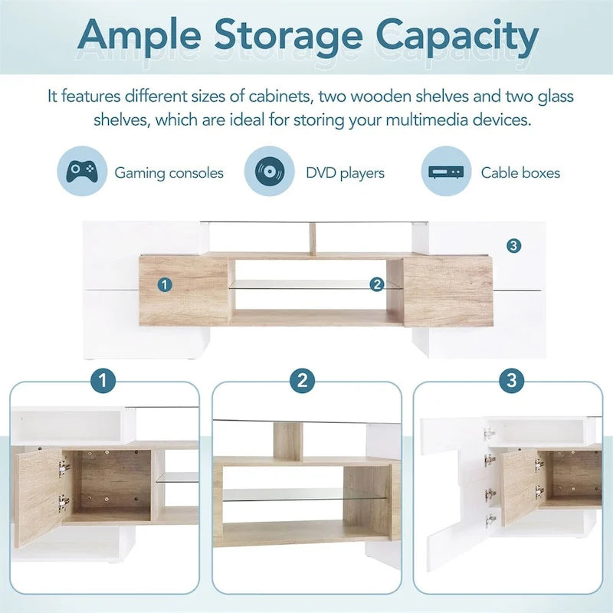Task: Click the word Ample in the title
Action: (139, 36)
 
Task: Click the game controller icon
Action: (82, 171)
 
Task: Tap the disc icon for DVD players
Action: (270, 171)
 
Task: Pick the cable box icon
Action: (446, 172)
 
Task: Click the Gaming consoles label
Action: (169, 173)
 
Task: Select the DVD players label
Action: (346, 173)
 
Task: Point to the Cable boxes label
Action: (520, 172)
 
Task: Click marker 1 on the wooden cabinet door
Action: (165, 284)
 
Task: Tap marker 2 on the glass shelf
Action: (377, 284)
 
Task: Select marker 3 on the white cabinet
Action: (513, 246)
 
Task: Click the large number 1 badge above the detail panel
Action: (103, 380)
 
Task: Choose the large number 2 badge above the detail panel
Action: (303, 380)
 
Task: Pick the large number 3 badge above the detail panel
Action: (512, 380)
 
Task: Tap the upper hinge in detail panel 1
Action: (63, 468)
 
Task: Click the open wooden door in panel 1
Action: (38, 497)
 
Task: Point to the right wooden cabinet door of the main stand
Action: (448, 291)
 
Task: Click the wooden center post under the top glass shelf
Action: (313, 239)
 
